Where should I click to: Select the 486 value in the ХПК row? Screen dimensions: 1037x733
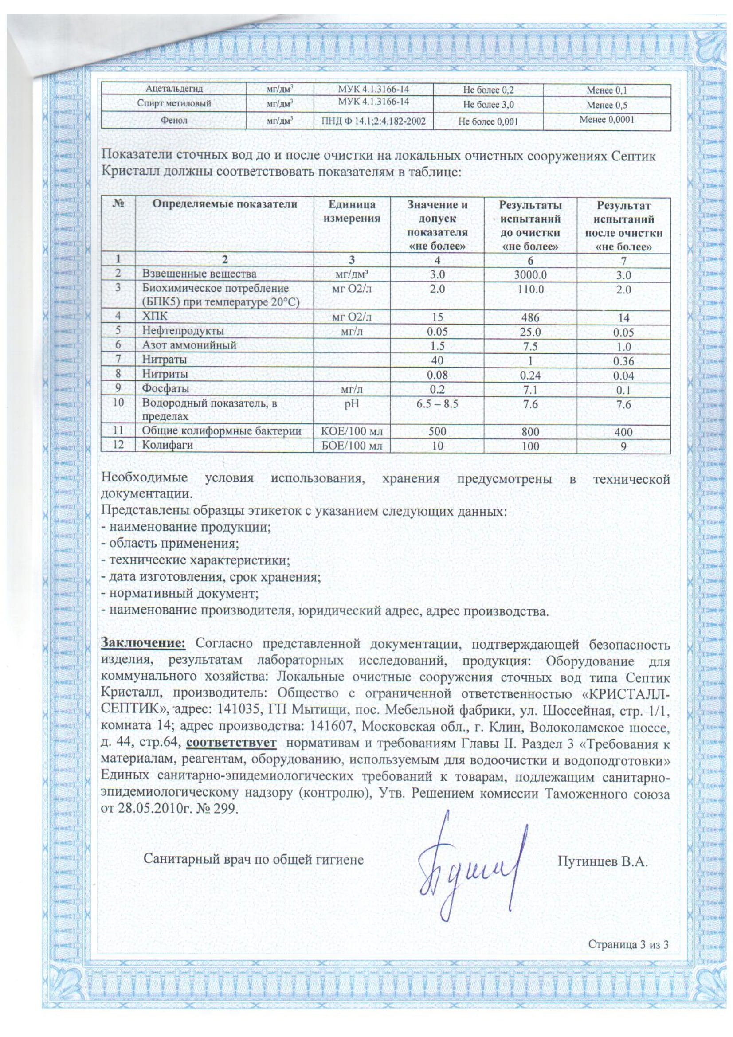[x=530, y=317]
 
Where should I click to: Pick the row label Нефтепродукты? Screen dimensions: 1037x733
[x=183, y=331]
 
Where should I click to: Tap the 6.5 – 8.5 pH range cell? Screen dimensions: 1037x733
[x=437, y=403]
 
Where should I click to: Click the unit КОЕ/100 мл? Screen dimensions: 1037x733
[x=351, y=431]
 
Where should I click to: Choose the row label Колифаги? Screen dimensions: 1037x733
[x=168, y=445]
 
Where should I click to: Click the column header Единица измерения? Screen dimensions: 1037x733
[x=351, y=212]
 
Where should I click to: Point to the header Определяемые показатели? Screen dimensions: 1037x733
[x=224, y=204]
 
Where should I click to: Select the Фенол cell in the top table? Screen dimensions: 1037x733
[x=173, y=121]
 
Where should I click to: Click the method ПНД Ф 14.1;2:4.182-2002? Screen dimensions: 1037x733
[x=373, y=121]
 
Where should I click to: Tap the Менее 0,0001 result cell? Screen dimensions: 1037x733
[x=607, y=120]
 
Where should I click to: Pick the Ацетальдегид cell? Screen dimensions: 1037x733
[x=173, y=89]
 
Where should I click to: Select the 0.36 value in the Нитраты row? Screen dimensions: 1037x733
[x=623, y=361]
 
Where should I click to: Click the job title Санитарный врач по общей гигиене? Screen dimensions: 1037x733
[x=253, y=859]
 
